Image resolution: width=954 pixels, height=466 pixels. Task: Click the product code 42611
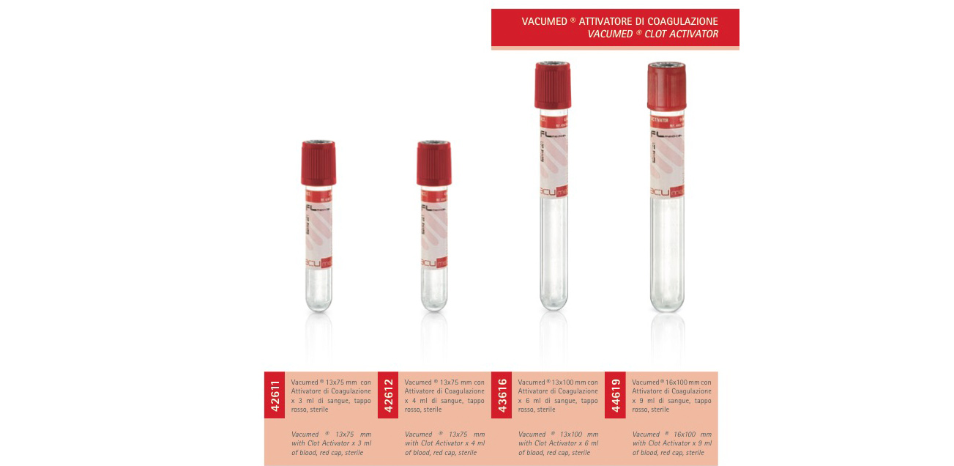(275, 395)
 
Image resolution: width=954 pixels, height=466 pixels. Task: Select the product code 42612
(388, 395)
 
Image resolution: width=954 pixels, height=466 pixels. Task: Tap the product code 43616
(502, 395)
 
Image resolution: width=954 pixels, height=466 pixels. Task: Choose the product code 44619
(615, 395)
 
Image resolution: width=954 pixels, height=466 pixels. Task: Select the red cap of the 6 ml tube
(553, 86)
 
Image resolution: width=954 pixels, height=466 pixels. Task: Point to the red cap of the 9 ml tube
(666, 86)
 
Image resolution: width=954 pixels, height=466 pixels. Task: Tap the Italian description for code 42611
(331, 396)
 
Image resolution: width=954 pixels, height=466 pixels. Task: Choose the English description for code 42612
(444, 443)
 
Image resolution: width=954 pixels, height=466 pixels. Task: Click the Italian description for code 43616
(558, 396)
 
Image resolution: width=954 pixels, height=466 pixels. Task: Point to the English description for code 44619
(671, 443)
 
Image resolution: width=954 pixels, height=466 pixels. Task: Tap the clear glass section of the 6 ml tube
(553, 249)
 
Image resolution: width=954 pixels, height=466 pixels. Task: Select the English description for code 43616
(558, 443)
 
